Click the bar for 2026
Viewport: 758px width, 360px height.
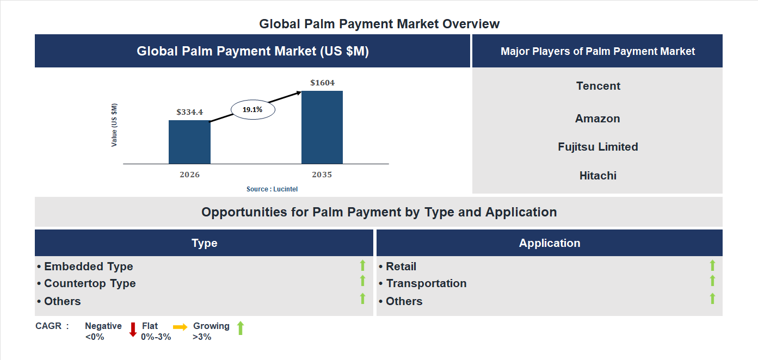click(x=189, y=142)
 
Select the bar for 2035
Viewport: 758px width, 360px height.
click(x=322, y=127)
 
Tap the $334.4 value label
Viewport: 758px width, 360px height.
click(x=189, y=112)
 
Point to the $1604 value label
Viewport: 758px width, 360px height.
click(x=322, y=83)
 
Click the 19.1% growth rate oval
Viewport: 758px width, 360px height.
click(x=253, y=110)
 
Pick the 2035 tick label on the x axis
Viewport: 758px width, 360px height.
click(x=322, y=175)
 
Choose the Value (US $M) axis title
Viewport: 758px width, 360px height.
click(x=114, y=125)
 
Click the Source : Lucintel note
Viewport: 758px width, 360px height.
click(x=272, y=189)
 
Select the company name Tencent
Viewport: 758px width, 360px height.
click(x=598, y=86)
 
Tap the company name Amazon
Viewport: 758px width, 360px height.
click(x=597, y=119)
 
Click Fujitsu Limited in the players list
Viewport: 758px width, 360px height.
click(x=597, y=147)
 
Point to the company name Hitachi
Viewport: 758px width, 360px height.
click(x=597, y=176)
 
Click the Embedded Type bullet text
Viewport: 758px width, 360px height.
click(x=88, y=266)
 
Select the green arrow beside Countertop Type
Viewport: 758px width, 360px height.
click(x=362, y=281)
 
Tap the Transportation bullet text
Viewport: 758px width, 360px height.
click(x=426, y=283)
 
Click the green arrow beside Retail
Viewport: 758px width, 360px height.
click(x=712, y=265)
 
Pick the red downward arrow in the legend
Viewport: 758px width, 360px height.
click(x=133, y=330)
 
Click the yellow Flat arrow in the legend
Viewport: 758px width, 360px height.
click(x=180, y=327)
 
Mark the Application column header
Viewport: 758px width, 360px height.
click(x=550, y=243)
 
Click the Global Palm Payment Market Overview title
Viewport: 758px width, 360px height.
click(x=379, y=24)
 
